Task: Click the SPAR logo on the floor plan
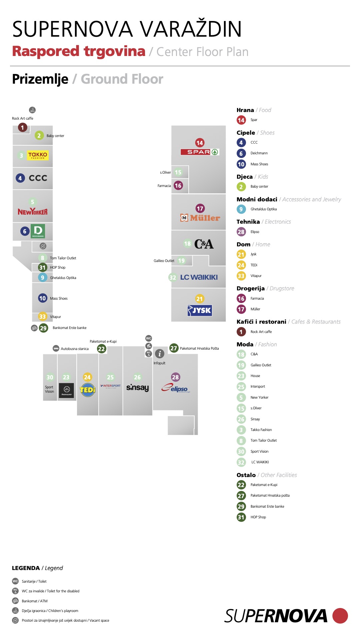click(x=200, y=152)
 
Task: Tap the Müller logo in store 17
click(x=200, y=218)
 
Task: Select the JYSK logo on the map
click(x=200, y=310)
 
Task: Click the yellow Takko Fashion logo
click(x=38, y=155)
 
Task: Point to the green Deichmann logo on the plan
click(x=38, y=231)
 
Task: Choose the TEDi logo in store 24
click(x=88, y=389)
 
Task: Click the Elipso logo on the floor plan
click(x=175, y=388)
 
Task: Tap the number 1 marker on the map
click(x=23, y=127)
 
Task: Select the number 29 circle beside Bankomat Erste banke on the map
click(x=43, y=328)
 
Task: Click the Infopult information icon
click(x=160, y=354)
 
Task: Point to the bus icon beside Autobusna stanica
click(x=56, y=348)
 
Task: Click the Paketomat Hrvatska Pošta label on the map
click(x=199, y=348)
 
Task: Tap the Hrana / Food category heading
click(x=254, y=110)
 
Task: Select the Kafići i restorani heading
click(x=261, y=322)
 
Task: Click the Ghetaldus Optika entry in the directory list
click(x=264, y=209)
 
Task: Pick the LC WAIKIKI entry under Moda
click(x=260, y=462)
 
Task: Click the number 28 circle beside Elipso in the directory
click(x=241, y=232)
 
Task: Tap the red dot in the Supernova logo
click(x=340, y=616)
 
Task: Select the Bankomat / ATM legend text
click(x=35, y=601)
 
